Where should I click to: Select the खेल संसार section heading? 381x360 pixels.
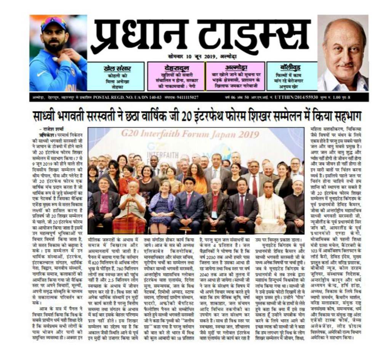click(117, 68)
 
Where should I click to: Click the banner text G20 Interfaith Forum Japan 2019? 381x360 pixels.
click(190, 134)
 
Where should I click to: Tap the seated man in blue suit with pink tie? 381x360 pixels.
click(188, 206)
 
